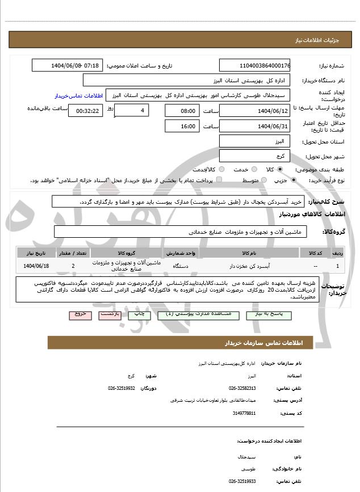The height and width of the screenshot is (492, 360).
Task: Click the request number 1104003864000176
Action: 255,66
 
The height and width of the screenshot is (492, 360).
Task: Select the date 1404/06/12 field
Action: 255,111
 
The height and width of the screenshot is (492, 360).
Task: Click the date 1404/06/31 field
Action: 255,126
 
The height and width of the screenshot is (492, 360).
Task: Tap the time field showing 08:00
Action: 182,111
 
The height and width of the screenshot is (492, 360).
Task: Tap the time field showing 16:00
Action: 182,126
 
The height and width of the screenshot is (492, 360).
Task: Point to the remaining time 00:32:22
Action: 86,111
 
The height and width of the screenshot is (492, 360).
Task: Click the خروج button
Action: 79,314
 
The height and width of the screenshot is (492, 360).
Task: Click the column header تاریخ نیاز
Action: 38,252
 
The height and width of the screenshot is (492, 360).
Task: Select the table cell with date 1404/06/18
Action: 38,265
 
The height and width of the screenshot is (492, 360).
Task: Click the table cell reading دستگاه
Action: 187,265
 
